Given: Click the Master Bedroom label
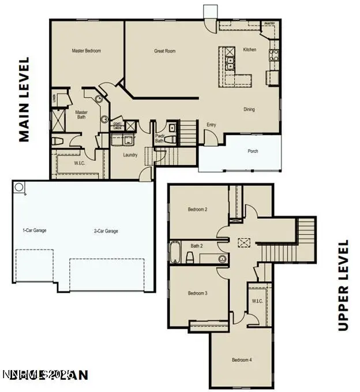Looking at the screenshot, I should point(86,51).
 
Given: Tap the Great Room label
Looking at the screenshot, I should point(164,51).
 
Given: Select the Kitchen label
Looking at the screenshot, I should point(249,50).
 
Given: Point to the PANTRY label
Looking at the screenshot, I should point(269,24).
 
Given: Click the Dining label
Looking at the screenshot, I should point(249,109).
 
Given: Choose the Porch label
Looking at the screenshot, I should point(253,151).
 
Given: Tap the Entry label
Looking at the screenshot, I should point(211,125).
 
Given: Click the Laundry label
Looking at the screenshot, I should point(130,155).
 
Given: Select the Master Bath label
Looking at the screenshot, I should point(82,115).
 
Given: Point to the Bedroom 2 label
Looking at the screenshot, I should point(197,210).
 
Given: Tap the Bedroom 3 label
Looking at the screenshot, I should point(197,293).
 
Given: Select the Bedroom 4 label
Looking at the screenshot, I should point(242,360).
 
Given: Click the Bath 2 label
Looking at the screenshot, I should point(197,246).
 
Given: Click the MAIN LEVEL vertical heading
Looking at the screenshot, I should point(24,99).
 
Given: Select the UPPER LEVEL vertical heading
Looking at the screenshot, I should point(344,285).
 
